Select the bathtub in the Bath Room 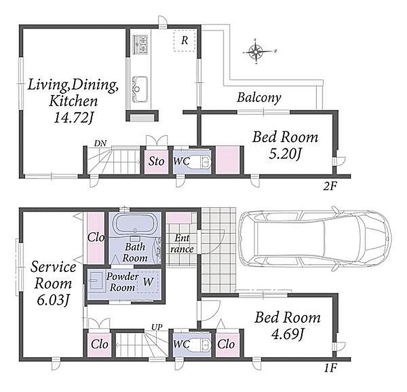point(135,223)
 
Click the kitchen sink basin point(140,89)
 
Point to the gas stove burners point(141,44)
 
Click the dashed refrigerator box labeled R point(184,41)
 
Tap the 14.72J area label point(73,118)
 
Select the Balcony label point(259,98)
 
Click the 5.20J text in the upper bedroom point(285,154)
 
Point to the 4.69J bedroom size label point(287,335)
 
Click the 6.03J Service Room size point(53,301)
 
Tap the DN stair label point(100,143)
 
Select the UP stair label point(157,328)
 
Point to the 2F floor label point(330,186)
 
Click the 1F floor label point(331,368)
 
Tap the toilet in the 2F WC point(200,163)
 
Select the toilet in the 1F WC point(200,345)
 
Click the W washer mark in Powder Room point(148,282)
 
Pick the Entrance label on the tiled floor point(182,244)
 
